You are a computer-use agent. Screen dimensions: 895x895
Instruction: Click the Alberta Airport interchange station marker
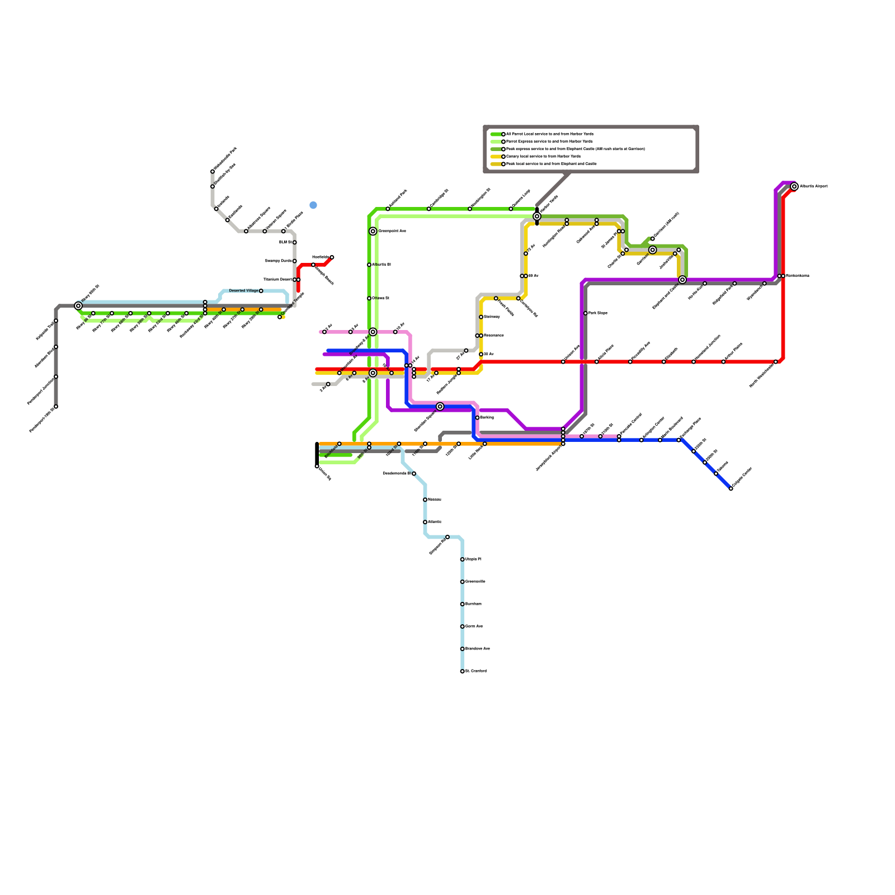(x=794, y=187)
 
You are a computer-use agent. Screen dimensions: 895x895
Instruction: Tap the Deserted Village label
(x=244, y=291)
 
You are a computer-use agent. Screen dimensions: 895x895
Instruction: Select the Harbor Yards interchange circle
(x=537, y=216)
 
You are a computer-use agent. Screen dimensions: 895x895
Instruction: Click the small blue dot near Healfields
(x=313, y=205)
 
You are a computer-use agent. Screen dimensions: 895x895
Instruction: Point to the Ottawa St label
(x=381, y=298)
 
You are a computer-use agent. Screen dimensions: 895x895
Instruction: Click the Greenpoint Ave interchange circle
(x=373, y=231)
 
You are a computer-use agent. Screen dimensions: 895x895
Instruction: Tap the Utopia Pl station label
(x=473, y=559)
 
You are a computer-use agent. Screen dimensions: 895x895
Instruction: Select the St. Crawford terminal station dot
(x=462, y=671)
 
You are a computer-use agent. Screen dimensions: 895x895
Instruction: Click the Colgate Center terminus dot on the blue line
(x=731, y=489)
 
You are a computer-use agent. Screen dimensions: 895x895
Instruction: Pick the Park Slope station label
(x=598, y=313)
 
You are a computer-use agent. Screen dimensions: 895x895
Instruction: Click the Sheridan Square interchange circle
(x=440, y=407)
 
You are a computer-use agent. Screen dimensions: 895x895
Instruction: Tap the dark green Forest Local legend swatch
(x=496, y=134)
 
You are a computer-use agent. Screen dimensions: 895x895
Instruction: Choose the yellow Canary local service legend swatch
(x=496, y=157)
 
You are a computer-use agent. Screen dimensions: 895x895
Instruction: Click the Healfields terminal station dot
(x=332, y=257)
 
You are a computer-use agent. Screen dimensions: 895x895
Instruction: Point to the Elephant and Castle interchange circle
(x=682, y=280)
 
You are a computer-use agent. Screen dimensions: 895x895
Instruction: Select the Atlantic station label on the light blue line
(x=435, y=522)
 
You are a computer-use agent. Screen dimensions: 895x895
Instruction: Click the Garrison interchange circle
(x=652, y=250)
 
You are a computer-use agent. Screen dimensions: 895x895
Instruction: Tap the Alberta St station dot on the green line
(x=369, y=265)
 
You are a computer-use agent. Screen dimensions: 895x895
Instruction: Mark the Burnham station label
(x=473, y=604)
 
